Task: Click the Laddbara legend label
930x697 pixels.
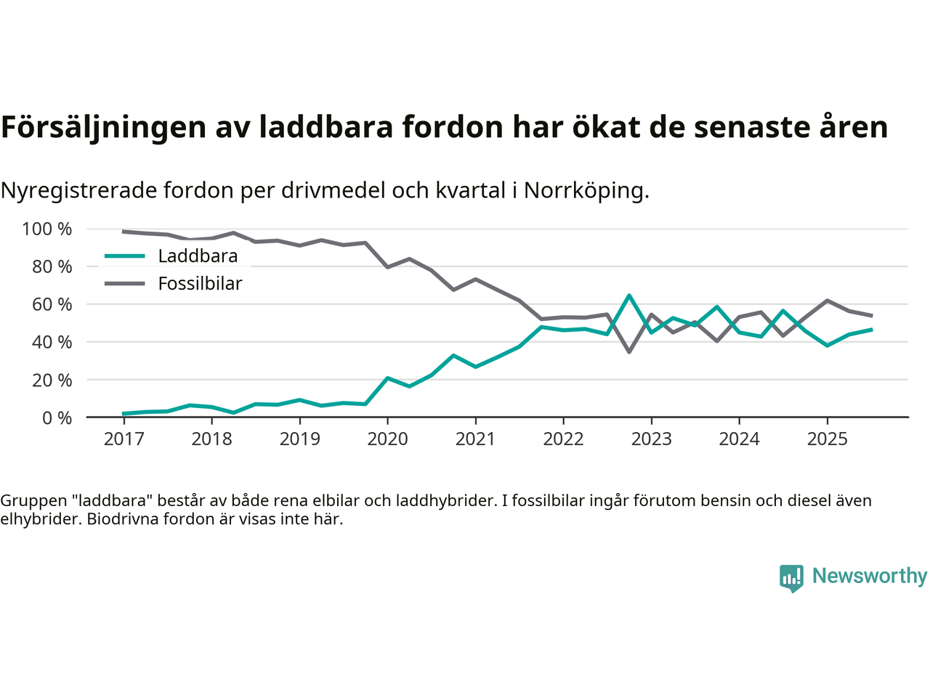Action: tap(198, 256)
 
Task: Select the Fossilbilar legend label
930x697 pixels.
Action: tap(200, 284)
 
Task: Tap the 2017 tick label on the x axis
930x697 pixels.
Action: tap(124, 439)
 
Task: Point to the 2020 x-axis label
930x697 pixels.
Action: tap(387, 439)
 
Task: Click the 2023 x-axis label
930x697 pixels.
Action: tap(651, 439)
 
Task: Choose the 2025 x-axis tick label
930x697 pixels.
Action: tap(827, 439)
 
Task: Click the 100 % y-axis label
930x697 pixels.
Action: tap(47, 229)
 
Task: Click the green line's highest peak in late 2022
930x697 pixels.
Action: tap(629, 295)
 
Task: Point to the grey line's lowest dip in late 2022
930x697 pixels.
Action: tap(629, 352)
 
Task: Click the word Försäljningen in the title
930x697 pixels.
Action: tap(103, 127)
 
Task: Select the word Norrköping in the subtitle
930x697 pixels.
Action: tap(586, 191)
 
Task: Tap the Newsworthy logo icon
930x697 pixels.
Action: tap(791, 578)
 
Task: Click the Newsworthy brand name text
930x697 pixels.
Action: tap(869, 576)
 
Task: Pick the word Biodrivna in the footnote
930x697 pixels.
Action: tap(121, 519)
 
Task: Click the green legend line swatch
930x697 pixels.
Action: tap(125, 256)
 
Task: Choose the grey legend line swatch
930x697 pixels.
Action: tap(125, 284)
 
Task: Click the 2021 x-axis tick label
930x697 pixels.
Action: tap(475, 439)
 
